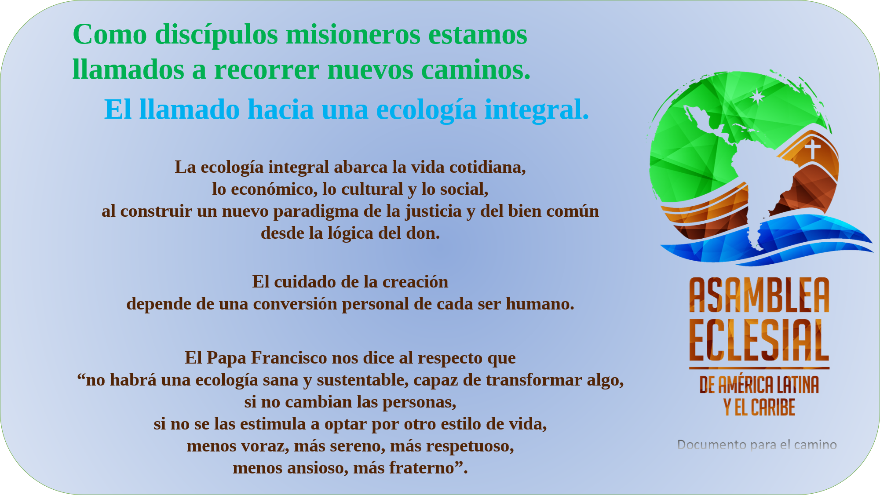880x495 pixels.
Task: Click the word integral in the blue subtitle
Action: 537,109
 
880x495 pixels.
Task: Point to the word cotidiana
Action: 487,167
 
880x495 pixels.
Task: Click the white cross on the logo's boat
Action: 812,149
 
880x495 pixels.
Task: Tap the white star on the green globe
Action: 757,97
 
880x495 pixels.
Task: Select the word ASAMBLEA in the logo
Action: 759,295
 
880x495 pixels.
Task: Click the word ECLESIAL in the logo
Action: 759,341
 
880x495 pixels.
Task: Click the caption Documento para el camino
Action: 757,445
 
